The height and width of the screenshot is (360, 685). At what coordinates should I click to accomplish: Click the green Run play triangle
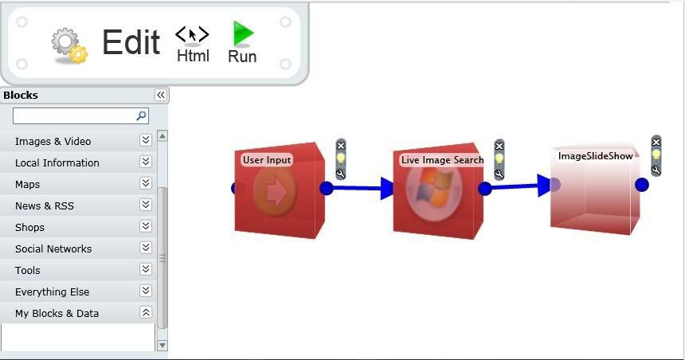(242, 33)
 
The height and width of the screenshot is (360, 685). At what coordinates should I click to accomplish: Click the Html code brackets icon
(192, 34)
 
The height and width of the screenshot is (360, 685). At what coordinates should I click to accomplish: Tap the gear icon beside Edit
(69, 45)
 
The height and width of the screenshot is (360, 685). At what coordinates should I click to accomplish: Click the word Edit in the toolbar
(131, 42)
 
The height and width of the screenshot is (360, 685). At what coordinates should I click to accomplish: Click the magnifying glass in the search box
(141, 115)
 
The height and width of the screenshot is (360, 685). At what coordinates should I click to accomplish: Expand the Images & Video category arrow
(146, 140)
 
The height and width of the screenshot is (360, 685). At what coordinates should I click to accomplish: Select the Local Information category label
(57, 163)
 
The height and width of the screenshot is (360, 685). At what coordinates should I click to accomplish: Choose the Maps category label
(28, 184)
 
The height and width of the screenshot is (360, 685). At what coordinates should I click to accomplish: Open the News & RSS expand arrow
(146, 205)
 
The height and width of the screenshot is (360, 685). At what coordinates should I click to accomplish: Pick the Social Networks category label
(53, 249)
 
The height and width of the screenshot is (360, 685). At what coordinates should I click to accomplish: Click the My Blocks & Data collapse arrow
(146, 312)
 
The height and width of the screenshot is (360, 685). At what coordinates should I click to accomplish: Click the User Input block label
(267, 160)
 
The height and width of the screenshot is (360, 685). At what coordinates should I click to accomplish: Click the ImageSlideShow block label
(596, 156)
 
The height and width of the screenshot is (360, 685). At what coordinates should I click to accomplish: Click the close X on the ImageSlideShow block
(656, 142)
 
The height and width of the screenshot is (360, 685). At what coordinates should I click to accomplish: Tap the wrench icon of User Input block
(341, 174)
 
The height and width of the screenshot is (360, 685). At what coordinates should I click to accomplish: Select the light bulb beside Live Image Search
(499, 160)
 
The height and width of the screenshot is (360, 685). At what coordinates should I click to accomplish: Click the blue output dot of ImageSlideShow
(642, 185)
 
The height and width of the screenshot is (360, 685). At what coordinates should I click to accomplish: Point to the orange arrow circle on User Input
(275, 191)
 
